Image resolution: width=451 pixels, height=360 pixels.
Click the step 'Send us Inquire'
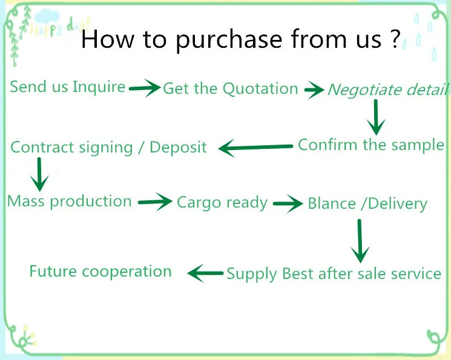point(68,87)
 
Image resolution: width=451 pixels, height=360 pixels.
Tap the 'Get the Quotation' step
point(231,88)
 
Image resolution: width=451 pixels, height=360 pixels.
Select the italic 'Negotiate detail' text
point(388,90)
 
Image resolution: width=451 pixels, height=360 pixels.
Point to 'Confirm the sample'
point(371,145)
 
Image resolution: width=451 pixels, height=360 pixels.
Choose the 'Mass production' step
point(70,201)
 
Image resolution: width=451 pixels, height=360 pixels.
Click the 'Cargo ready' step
point(222,203)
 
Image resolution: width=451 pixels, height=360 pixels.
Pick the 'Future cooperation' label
point(100,272)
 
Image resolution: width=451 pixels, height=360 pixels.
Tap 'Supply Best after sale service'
point(334,273)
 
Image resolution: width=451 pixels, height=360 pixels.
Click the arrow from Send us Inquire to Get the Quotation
point(145,88)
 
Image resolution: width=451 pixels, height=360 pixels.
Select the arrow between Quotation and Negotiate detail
point(314,90)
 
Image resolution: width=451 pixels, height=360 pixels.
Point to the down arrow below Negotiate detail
point(376,117)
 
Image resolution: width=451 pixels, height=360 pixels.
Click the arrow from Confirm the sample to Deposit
point(255,148)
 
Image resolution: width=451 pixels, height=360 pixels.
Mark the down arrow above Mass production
point(39,174)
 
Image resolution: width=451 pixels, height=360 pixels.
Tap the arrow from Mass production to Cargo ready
point(155,202)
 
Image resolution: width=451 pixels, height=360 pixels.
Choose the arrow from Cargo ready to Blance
point(288,203)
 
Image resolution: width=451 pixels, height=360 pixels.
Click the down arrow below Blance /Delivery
point(360,241)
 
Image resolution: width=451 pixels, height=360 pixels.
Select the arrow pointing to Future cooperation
point(205,273)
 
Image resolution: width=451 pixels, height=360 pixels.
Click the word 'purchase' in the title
point(229,40)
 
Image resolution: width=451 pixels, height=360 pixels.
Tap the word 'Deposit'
point(179,147)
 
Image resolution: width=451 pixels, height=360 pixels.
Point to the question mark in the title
point(395,38)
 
